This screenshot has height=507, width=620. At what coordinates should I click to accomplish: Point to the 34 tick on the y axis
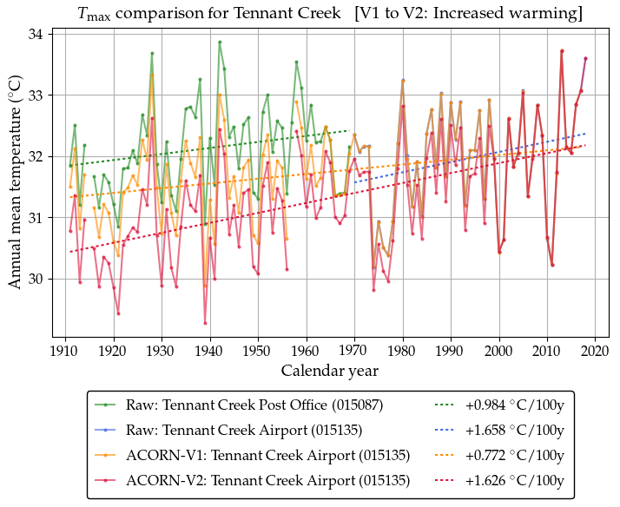pyautogui.click(x=37, y=34)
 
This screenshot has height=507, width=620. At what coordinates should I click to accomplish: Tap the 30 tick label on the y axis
pyautogui.click(x=37, y=280)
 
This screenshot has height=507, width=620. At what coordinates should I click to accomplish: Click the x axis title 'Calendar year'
pyautogui.click(x=329, y=372)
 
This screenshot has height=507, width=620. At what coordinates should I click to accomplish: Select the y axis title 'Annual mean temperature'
pyautogui.click(x=16, y=187)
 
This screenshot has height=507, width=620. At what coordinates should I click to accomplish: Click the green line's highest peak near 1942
pyautogui.click(x=220, y=42)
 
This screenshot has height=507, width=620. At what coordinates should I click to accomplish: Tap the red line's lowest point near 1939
pyautogui.click(x=206, y=323)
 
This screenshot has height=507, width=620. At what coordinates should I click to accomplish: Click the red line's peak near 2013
pyautogui.click(x=562, y=51)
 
